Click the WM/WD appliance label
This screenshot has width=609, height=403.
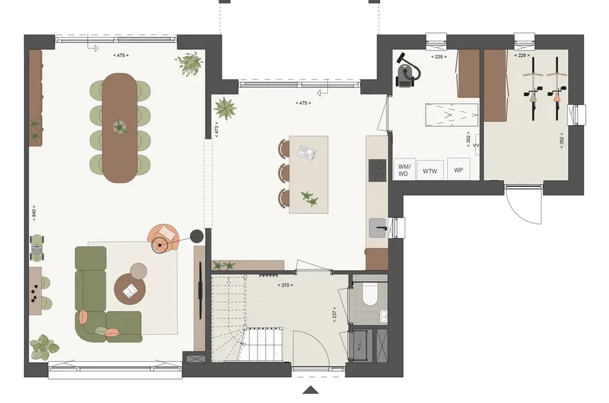click(x=404, y=170)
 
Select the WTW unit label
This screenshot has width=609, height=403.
click(x=430, y=171)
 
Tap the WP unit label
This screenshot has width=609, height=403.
click(x=458, y=170)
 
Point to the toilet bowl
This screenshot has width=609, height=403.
click(x=370, y=295)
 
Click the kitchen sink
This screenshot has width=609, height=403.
click(x=377, y=228)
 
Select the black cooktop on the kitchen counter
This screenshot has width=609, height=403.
click(x=377, y=170)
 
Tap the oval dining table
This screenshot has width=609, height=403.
click(x=120, y=128)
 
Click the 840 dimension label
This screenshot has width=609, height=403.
click(x=34, y=213)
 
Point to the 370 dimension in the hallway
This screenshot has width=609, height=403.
click(x=285, y=285)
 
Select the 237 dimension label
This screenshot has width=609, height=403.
click(x=334, y=313)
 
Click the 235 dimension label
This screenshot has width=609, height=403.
click(x=439, y=57)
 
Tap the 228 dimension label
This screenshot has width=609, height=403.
click(x=522, y=55)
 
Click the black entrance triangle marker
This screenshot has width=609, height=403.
click(x=311, y=390)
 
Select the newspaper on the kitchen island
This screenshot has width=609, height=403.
click(x=307, y=152)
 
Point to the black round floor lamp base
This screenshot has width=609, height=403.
click(x=197, y=236)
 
